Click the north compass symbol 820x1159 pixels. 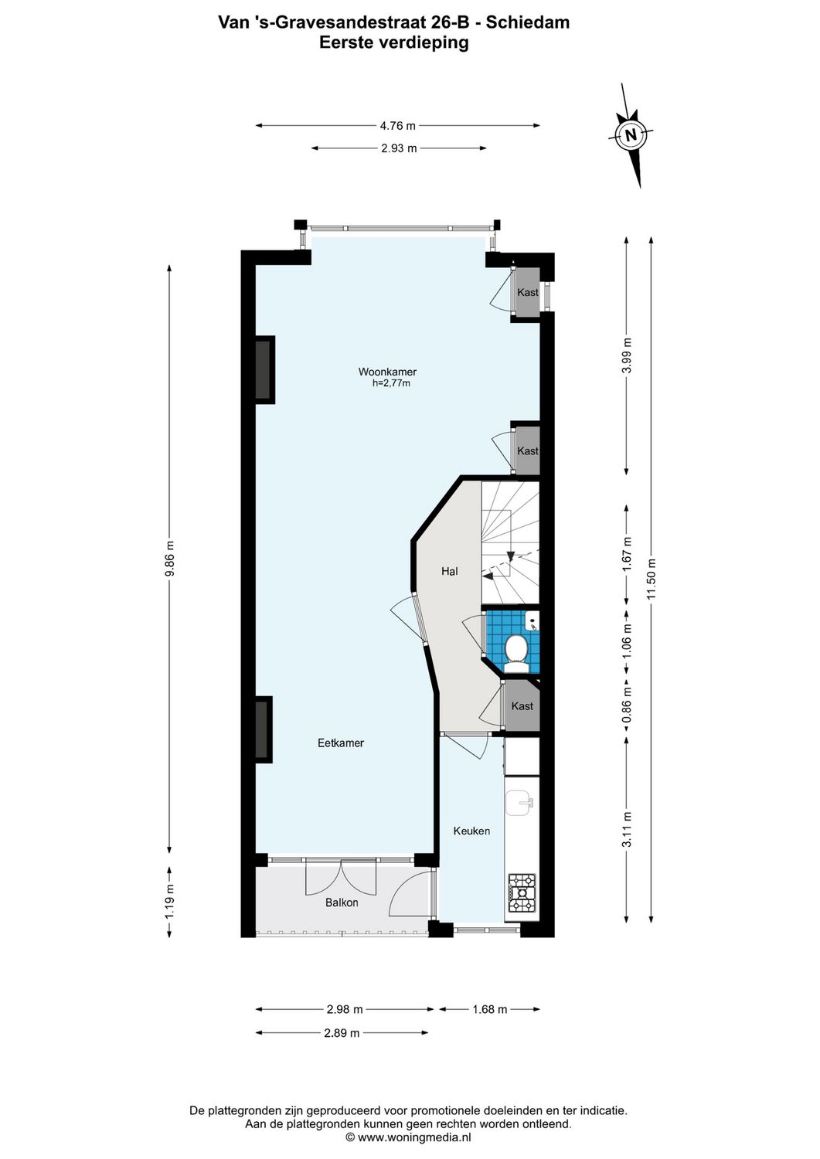tap(631, 134)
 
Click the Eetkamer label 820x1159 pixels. tap(341, 743)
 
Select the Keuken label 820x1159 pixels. tap(471, 831)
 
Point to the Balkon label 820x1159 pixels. tap(342, 902)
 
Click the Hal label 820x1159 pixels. tap(449, 572)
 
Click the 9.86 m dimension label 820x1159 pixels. tap(170, 559)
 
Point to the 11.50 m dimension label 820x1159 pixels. tap(651, 579)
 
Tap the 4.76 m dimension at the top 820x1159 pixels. tap(397, 125)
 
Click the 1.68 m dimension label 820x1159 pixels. tap(489, 1009)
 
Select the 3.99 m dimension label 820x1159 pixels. tap(627, 355)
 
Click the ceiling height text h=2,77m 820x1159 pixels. tap(391, 382)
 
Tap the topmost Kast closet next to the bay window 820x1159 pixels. tap(528, 293)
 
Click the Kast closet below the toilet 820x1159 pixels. tap(522, 706)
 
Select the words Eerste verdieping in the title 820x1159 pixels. tap(394, 42)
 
